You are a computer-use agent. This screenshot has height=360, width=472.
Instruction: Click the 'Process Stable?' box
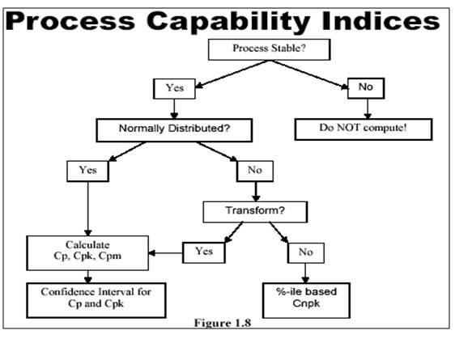tap(269, 49)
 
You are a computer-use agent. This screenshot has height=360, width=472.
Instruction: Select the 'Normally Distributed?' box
tap(174, 130)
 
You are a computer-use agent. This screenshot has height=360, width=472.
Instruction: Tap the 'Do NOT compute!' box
tap(364, 129)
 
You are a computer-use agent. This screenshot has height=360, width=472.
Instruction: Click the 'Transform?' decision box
tap(255, 212)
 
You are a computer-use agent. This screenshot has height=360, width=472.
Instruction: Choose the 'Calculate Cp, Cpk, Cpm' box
tap(87, 252)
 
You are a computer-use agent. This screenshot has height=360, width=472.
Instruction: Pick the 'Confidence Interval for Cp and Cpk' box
tap(96, 300)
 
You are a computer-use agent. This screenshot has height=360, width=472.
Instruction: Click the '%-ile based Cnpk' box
tap(306, 300)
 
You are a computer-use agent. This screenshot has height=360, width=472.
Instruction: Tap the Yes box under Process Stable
tap(174, 89)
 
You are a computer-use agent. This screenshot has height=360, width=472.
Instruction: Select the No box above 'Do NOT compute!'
tap(366, 88)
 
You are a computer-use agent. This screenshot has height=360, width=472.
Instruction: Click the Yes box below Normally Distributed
tap(87, 172)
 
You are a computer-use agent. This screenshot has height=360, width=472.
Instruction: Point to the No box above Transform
tap(255, 172)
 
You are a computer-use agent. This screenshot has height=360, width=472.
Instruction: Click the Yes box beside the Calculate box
tap(203, 252)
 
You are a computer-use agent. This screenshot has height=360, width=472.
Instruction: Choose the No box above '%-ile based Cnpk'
tap(306, 253)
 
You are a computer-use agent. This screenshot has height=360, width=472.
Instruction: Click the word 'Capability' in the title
tap(228, 22)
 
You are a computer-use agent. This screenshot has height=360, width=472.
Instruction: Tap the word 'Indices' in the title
tap(381, 20)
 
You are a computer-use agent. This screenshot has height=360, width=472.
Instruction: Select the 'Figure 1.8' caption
tap(223, 323)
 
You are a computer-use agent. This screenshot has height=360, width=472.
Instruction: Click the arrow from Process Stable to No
tap(308, 74)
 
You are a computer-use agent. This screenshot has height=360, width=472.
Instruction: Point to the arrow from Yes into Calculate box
tap(165, 253)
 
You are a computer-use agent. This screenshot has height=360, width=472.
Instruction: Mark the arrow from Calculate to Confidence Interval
tap(87, 277)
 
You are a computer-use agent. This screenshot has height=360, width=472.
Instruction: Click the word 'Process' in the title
tap(70, 21)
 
